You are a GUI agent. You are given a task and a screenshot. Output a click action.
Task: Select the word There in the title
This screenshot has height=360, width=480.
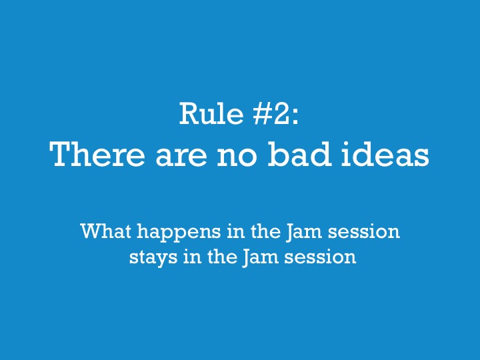pyautogui.click(x=94, y=155)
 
